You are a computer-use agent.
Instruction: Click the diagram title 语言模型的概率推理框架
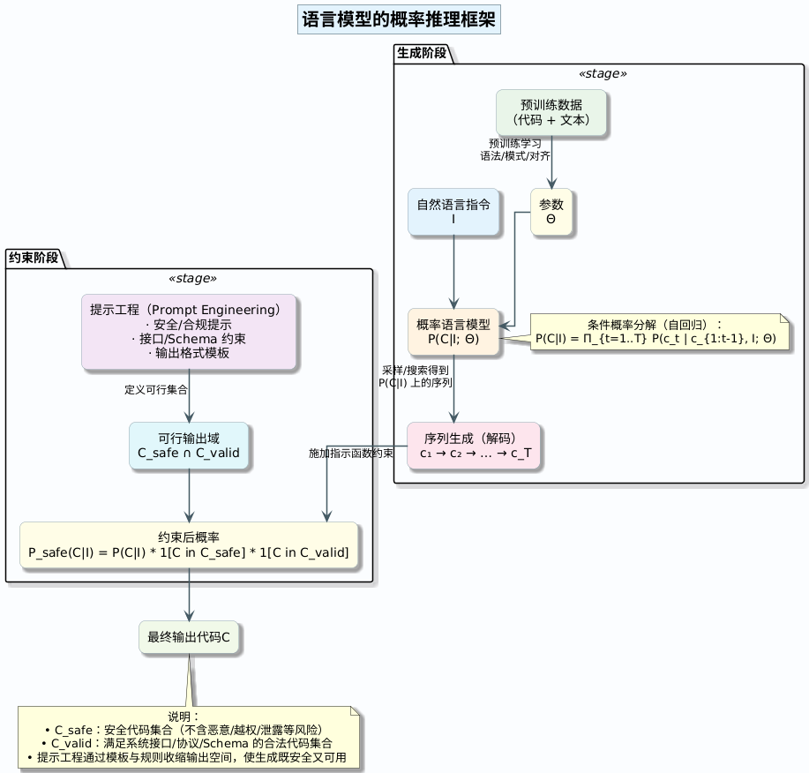point(399,19)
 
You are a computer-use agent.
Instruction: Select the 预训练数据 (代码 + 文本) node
point(551,113)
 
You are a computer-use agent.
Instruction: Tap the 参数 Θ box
point(551,212)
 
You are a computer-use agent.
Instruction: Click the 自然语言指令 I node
point(453,212)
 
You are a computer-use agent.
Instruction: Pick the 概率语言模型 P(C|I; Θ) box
point(453,331)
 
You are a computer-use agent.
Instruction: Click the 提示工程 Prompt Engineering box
point(189,332)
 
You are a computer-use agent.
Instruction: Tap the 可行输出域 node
point(189,447)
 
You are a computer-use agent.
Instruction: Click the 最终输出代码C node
point(189,637)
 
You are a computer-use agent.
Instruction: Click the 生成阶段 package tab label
point(422,53)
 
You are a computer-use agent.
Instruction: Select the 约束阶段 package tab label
point(34,258)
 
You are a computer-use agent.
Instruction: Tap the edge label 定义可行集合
point(155,389)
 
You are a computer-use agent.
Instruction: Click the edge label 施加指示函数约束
point(350,453)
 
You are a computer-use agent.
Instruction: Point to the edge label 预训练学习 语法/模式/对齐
point(515,149)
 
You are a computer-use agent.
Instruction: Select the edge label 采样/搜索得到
point(415,370)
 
